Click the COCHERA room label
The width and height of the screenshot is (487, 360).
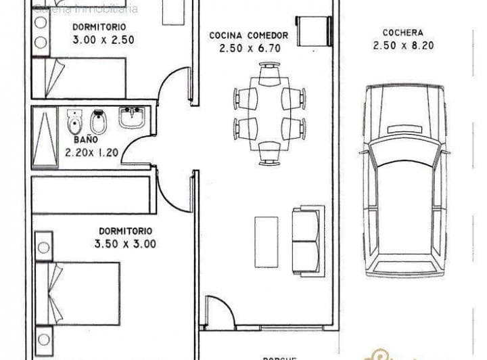coord(402,32)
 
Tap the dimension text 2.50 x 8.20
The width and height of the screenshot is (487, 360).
coord(402,45)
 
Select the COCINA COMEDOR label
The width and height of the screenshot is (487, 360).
coord(249,35)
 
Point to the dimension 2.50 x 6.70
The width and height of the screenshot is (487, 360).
coord(249,48)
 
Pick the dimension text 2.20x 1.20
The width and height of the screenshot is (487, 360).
coord(92,152)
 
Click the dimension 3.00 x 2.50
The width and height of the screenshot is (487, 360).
coord(103,39)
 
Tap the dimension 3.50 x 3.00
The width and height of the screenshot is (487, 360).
coord(125,244)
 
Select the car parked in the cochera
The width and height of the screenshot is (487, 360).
coord(404,181)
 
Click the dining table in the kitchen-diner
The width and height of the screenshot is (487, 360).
coord(269,113)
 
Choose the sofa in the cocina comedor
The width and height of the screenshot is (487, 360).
coord(306,240)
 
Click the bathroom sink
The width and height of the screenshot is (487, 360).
coord(133,118)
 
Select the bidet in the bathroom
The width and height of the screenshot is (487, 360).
coord(98,122)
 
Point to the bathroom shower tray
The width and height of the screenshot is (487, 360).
coord(45,137)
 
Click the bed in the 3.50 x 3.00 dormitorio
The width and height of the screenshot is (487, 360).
coord(78,292)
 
